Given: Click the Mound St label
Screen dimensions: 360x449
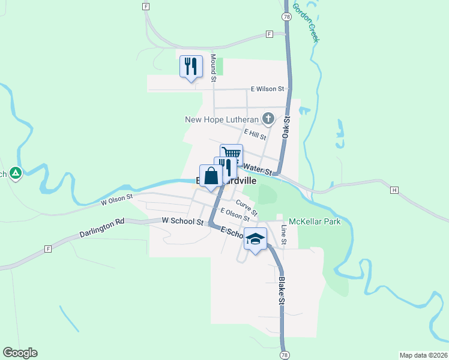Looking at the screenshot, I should point(213,65).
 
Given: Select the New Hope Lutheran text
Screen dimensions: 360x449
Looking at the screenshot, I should point(221,119).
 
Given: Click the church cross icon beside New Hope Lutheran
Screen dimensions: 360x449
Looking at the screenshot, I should point(268,119).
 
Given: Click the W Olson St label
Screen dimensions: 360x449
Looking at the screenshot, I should point(116,200).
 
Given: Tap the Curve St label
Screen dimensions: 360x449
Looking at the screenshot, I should point(247,208).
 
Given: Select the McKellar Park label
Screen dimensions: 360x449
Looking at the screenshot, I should point(315,221).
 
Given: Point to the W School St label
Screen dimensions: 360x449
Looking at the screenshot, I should point(183,221).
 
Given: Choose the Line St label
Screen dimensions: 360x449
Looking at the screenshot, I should point(285,235).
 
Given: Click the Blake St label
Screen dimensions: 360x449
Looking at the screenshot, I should point(280,290).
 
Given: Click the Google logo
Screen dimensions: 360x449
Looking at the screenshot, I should point(20,353).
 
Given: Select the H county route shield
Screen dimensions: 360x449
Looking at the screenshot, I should point(394,190).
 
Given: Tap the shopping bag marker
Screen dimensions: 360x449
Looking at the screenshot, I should point(211,177).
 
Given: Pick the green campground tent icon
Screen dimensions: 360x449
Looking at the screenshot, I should point(16,174).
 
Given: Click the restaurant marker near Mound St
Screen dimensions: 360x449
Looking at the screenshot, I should point(191,65).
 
